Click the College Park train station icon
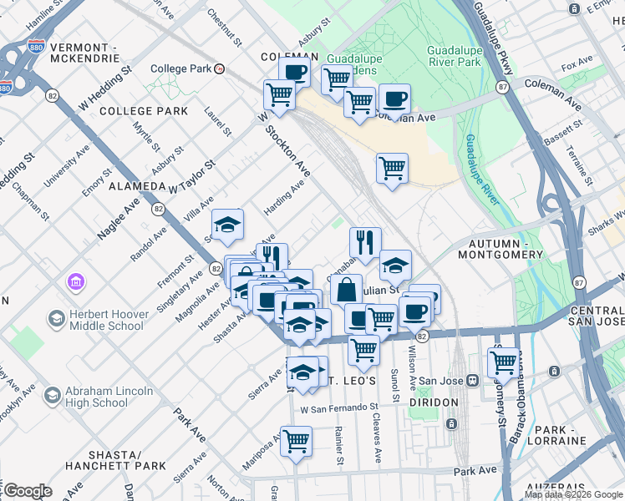(219, 69)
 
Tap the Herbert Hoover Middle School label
(107, 317)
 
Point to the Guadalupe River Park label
(454, 56)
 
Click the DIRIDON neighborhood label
(434, 402)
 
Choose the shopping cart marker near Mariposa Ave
(296, 442)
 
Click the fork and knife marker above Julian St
(364, 243)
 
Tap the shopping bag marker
(346, 291)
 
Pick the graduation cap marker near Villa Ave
(227, 225)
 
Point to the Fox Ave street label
(577, 66)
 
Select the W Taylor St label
(191, 178)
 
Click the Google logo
(28, 491)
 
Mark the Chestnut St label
(223, 27)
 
